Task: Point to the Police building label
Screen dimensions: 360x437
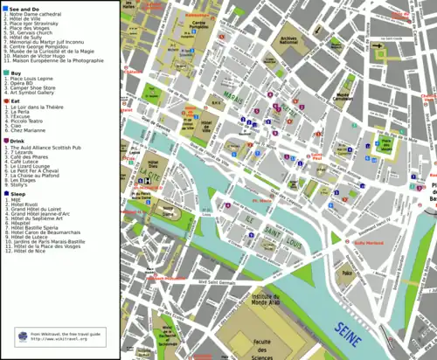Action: [x=347, y=273]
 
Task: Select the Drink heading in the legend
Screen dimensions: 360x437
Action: [x=18, y=140]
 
